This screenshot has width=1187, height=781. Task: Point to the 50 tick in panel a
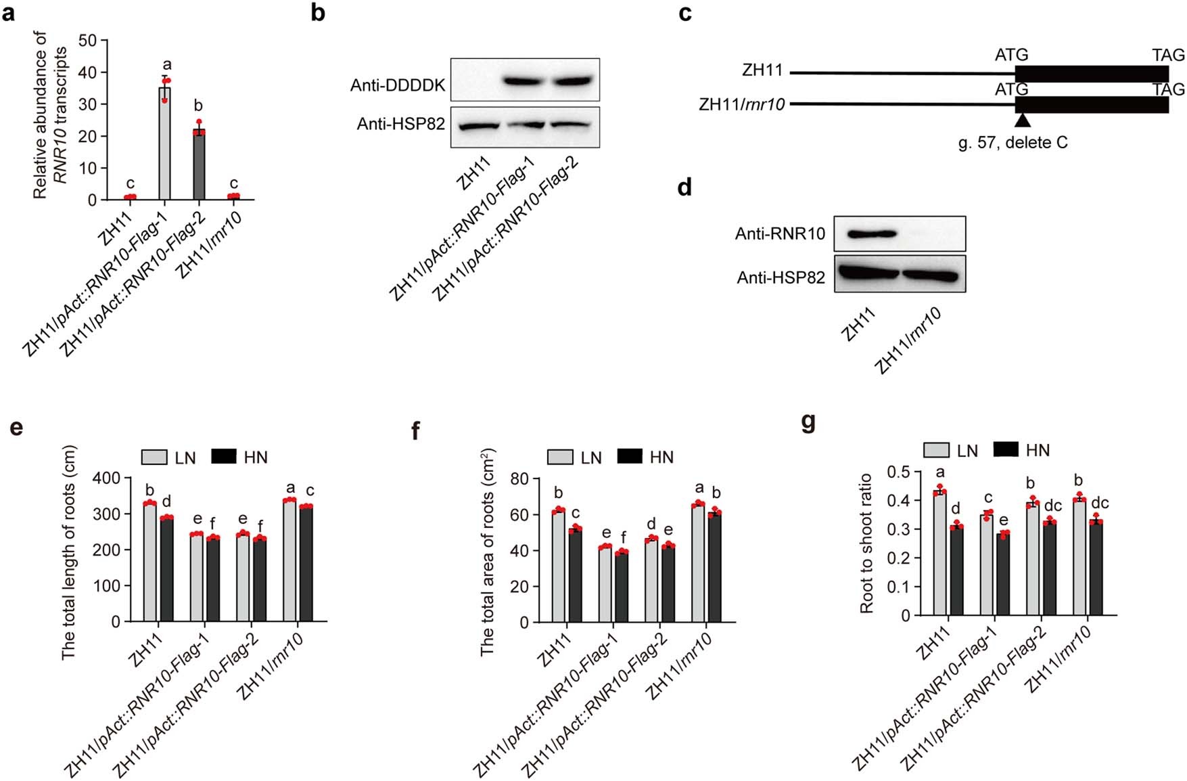pyautogui.click(x=88, y=41)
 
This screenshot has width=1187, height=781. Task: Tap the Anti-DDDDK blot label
pyautogui.click(x=398, y=86)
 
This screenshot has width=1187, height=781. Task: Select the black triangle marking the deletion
pyautogui.click(x=1023, y=120)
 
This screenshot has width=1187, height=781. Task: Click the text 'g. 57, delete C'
pyautogui.click(x=1013, y=143)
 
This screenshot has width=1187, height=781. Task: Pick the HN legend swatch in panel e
pyautogui.click(x=224, y=457)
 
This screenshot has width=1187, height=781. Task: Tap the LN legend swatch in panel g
pyautogui.click(x=937, y=451)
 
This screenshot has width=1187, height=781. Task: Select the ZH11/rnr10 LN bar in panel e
pyautogui.click(x=290, y=560)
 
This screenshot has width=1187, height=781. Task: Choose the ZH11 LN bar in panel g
pyautogui.click(x=939, y=553)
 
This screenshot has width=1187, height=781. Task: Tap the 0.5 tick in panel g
pyautogui.click(x=900, y=472)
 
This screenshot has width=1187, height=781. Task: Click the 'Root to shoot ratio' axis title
pyautogui.click(x=866, y=543)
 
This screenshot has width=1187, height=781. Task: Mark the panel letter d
pyautogui.click(x=684, y=187)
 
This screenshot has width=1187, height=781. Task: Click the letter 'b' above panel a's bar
pyautogui.click(x=198, y=106)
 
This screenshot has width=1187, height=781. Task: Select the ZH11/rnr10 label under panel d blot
pyautogui.click(x=908, y=342)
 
